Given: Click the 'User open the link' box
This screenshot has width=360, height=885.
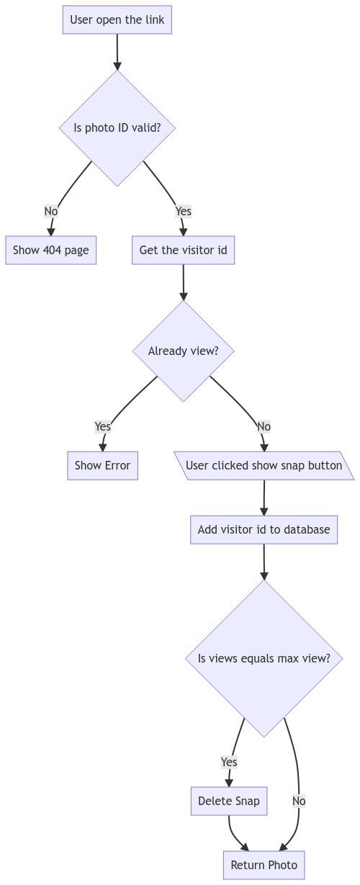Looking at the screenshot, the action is click(x=117, y=19).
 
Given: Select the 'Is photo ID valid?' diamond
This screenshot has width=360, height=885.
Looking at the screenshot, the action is click(x=117, y=128).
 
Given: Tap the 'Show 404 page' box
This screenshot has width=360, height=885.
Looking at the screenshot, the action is click(x=50, y=250).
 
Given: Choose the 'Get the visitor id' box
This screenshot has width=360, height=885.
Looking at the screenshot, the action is click(x=183, y=250).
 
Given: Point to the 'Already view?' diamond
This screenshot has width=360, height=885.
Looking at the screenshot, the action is click(x=183, y=351).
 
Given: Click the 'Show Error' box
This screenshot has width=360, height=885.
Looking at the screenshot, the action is click(x=102, y=466).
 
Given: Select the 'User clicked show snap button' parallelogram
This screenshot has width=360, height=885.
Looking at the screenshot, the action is click(x=264, y=466).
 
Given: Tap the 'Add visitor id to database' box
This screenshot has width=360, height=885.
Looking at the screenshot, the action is click(x=264, y=530).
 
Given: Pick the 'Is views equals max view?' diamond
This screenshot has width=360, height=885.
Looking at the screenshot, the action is click(x=264, y=659).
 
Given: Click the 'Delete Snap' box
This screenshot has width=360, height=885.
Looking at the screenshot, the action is click(x=229, y=801).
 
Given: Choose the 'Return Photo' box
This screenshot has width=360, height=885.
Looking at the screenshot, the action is click(x=264, y=865).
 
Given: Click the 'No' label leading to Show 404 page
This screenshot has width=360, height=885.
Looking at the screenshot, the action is click(x=50, y=212).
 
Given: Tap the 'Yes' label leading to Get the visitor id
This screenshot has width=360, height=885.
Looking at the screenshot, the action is click(x=184, y=212).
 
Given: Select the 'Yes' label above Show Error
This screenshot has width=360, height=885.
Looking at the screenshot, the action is click(x=103, y=427).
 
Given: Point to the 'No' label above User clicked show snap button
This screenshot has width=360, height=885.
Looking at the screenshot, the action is click(x=264, y=427).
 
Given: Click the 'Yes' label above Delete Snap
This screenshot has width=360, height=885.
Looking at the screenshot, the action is click(x=229, y=762).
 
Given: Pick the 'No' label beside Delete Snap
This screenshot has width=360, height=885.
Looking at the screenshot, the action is click(x=299, y=801).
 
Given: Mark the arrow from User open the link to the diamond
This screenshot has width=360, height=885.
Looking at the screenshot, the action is click(x=117, y=52).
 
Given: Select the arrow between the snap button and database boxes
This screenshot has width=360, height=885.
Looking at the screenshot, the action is click(x=264, y=498).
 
